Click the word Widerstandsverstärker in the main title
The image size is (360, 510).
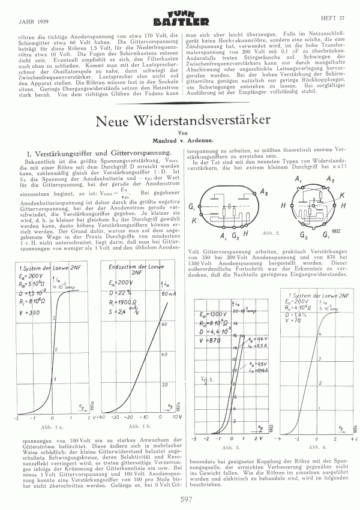tap(208, 120)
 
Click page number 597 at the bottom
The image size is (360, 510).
tap(180, 497)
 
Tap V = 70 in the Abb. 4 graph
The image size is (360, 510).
tap(295, 320)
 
